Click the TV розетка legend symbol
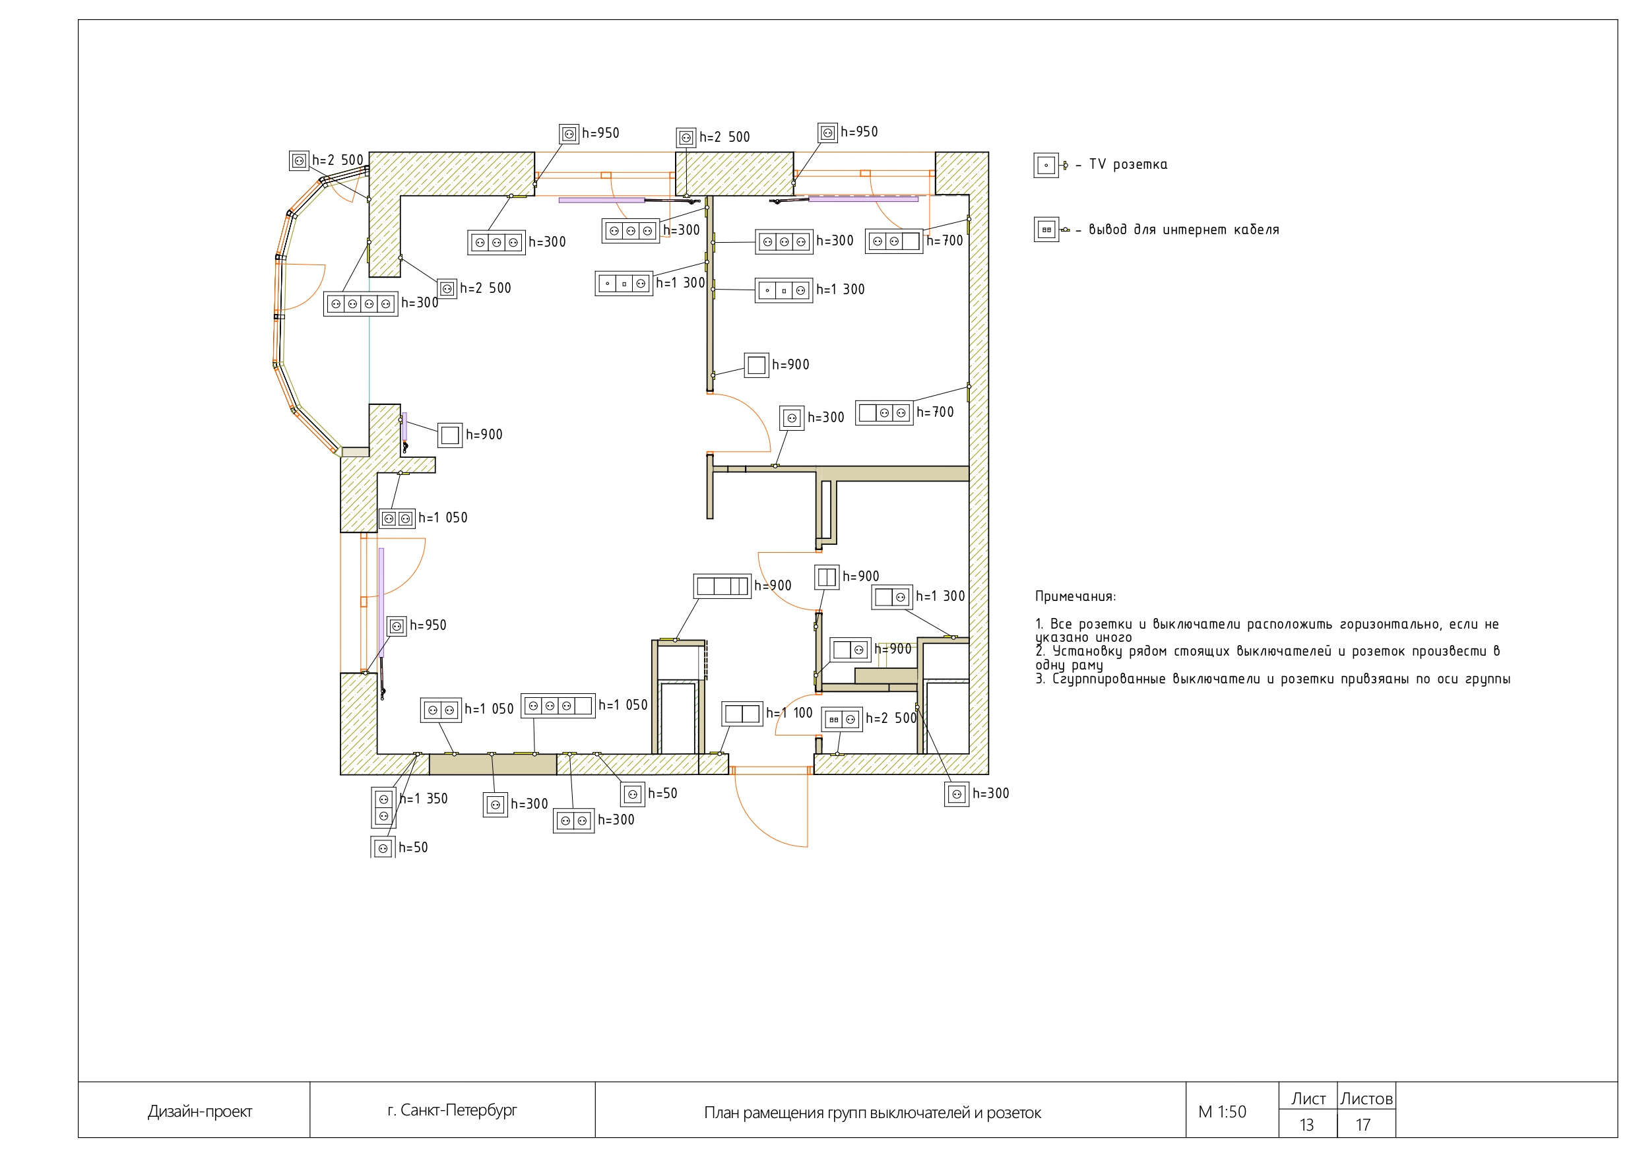click(1046, 166)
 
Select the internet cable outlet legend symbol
click(1046, 230)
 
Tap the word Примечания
click(1075, 597)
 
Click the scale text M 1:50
click(1222, 1112)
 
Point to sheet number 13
click(1306, 1125)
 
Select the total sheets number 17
click(1363, 1125)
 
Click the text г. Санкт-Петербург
click(452, 1110)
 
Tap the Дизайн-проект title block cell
click(200, 1111)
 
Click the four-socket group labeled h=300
click(360, 304)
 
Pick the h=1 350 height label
click(424, 799)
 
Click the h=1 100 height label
click(789, 713)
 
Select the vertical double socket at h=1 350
click(383, 807)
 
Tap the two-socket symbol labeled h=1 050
click(397, 519)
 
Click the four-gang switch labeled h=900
click(722, 586)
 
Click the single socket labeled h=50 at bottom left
click(383, 848)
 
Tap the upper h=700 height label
click(944, 241)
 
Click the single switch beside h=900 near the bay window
click(450, 435)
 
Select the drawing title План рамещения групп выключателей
click(872, 1113)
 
